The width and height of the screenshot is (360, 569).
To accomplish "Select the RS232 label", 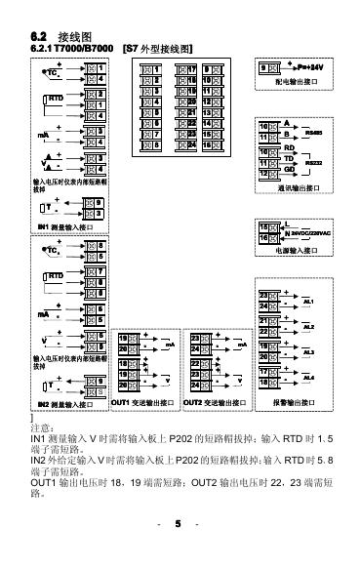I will (314, 164).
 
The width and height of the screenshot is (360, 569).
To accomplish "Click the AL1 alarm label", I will (309, 303).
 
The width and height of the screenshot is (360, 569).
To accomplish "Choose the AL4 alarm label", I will (309, 377).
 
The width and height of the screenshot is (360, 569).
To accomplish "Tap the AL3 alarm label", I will (309, 351).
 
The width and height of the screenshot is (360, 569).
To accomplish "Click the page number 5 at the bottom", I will (179, 525).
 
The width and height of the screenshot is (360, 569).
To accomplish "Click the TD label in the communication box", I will (289, 159).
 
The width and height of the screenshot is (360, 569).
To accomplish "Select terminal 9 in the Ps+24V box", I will (264, 67).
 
